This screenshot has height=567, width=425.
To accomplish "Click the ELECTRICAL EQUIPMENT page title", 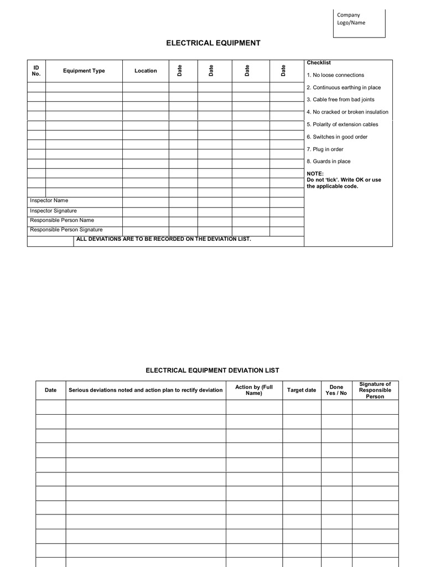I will pos(214,43).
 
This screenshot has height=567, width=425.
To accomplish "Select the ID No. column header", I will pos(36,70).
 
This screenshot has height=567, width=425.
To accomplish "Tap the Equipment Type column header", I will pos(84,71).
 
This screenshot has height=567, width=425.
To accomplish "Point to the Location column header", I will pos(146,71).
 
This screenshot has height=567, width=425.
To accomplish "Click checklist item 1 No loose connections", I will pos(335,75).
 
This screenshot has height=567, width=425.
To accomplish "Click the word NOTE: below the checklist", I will pos(315,173).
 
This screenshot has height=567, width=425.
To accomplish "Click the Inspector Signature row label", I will pos(53,211).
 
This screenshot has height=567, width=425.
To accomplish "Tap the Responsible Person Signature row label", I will pos(66,230).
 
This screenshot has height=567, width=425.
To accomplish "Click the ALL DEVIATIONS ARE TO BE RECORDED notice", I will pos(163,239).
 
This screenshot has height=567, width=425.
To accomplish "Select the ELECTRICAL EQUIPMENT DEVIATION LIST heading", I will pos(212,370).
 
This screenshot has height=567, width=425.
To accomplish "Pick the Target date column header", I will pos(302,390).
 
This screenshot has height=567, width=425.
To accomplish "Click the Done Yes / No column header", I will pos(336,390).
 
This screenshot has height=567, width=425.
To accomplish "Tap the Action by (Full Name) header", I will pos(254,390).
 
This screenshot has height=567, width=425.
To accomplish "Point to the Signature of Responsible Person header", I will pos(375,390).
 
